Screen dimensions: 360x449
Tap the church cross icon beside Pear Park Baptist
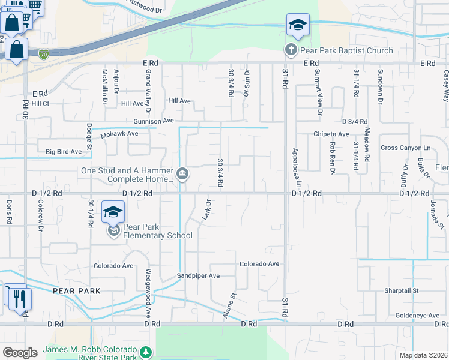tap(291, 50)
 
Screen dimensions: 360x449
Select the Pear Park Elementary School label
tap(157, 231)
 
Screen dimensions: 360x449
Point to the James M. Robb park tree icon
tap(145, 352)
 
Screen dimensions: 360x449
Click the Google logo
tap(20, 353)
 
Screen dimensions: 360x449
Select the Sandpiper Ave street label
tap(198, 276)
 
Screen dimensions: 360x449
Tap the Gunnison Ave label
tap(154, 121)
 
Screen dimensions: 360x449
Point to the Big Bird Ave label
tap(64, 152)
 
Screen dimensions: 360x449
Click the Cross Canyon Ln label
tap(406, 148)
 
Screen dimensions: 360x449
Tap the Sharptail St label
tap(401, 290)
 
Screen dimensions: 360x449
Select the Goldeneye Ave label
tap(415, 315)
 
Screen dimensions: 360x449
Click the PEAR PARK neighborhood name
tap(75, 290)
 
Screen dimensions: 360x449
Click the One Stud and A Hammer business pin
tap(182, 174)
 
